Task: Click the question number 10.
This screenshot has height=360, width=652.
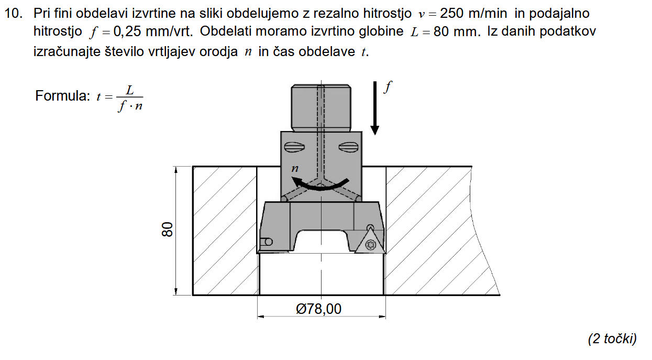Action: click(x=14, y=14)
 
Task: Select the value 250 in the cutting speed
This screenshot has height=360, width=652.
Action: click(x=451, y=14)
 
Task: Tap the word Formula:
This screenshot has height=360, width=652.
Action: click(x=62, y=95)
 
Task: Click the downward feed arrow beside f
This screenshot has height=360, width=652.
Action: click(x=375, y=108)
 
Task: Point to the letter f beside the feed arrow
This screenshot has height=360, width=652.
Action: click(x=388, y=87)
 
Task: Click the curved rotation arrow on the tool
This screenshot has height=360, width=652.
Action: click(x=320, y=184)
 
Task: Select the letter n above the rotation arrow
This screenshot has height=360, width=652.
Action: click(x=295, y=169)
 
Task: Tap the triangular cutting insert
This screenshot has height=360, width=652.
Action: click(x=370, y=241)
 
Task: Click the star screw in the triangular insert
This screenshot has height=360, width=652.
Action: click(x=371, y=244)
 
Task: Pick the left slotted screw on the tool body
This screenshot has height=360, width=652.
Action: click(x=294, y=147)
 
